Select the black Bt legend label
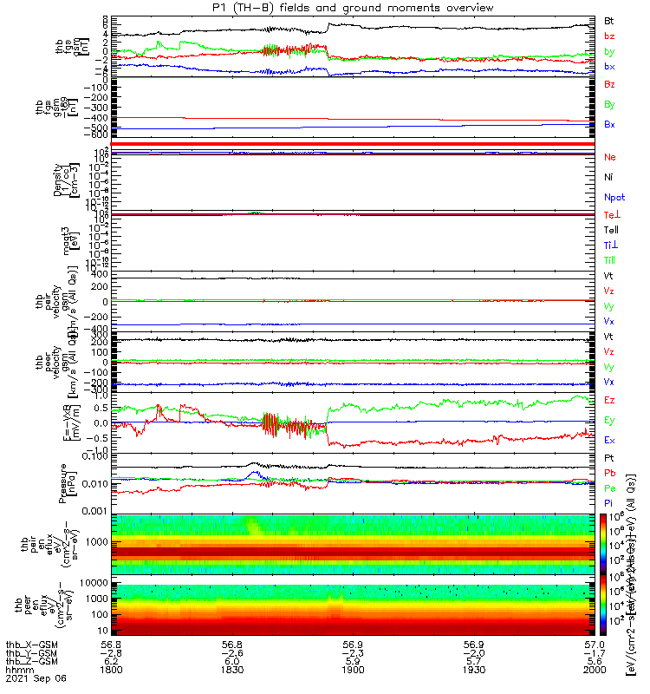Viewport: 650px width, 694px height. click(x=610, y=19)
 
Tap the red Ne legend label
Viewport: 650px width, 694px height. click(x=610, y=158)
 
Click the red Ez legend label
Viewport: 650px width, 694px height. click(x=610, y=401)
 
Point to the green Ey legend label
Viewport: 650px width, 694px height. click(x=610, y=421)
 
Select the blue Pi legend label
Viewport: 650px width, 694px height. click(x=610, y=503)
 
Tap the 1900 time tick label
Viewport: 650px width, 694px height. click(x=353, y=670)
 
